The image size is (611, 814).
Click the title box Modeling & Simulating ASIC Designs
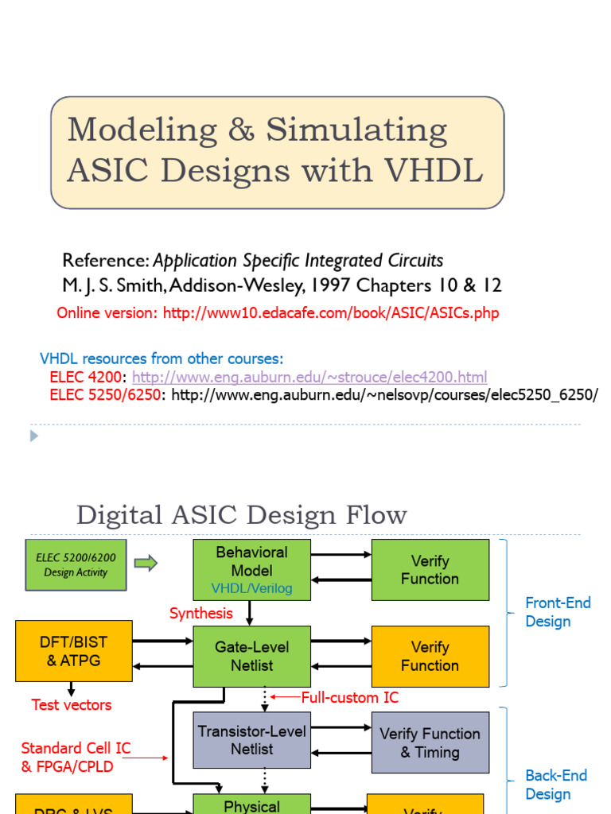[277, 153]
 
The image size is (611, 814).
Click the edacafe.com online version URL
[331, 312]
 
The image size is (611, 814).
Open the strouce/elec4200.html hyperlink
[309, 377]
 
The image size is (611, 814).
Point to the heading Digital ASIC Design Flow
[241, 515]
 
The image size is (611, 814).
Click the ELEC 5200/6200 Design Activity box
[76, 564]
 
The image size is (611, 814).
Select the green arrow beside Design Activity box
[146, 564]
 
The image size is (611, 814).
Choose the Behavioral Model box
[252, 569]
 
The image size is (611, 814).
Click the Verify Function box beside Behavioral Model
[430, 569]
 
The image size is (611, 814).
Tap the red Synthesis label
[201, 613]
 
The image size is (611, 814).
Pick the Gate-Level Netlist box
[252, 656]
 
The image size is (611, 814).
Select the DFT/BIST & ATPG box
[74, 651]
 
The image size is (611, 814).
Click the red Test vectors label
[72, 704]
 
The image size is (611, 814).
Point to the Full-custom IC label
[349, 697]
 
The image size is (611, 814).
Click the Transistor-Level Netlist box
[252, 740]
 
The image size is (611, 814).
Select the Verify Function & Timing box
[430, 742]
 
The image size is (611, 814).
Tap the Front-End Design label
[558, 612]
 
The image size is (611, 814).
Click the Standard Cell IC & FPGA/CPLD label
[76, 757]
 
